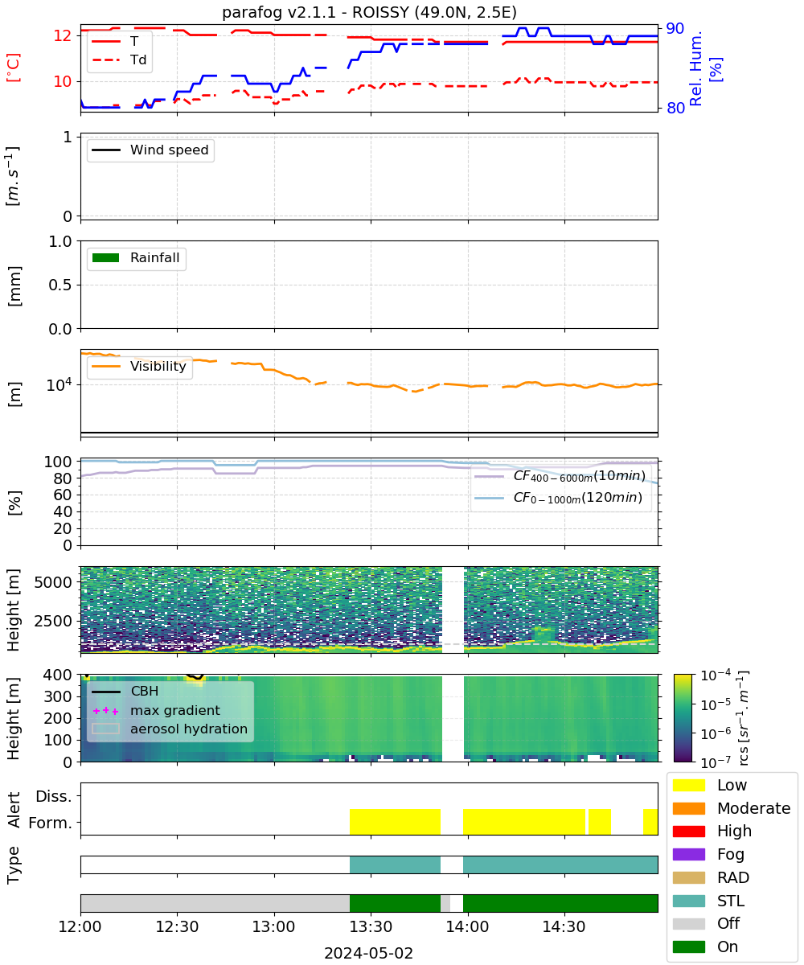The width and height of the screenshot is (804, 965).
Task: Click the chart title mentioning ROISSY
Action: [369, 12]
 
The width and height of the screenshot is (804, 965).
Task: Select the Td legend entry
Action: [119, 60]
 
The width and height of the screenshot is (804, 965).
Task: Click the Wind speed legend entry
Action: [150, 150]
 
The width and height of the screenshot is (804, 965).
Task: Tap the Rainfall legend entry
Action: [135, 257]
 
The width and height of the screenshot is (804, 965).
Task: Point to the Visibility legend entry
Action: [138, 366]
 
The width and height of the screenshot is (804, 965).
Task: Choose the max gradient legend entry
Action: [157, 710]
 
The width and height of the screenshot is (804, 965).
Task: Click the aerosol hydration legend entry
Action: [170, 729]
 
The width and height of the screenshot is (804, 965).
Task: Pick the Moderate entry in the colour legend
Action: [732, 808]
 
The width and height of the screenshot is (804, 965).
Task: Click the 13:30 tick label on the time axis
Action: [371, 927]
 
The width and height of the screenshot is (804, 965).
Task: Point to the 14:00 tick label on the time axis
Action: [467, 927]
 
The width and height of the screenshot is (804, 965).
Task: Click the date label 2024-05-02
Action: [369, 954]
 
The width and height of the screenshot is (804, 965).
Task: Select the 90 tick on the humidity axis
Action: [675, 29]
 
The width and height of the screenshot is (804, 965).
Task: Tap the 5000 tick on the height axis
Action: [53, 582]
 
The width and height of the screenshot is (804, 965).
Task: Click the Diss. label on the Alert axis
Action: [54, 796]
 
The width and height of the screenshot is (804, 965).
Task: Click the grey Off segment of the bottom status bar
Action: [215, 903]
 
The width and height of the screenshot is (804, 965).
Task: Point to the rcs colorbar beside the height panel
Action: [683, 718]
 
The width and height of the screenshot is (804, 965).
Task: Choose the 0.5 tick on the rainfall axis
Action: [60, 285]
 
